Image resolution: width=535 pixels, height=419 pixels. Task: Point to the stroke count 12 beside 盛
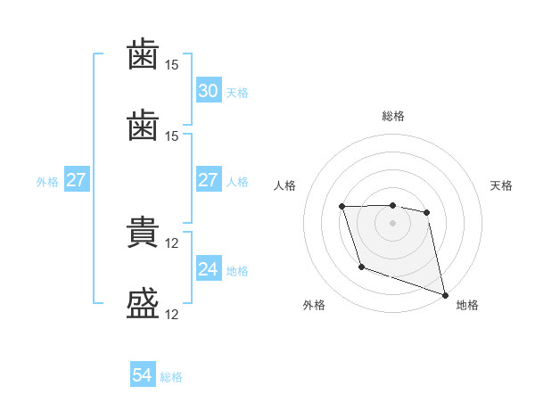coord(173,314)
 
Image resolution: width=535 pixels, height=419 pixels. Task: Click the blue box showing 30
coord(208,91)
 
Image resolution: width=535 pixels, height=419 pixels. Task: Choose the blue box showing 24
coord(208,269)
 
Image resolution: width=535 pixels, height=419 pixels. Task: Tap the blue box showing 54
coord(143,376)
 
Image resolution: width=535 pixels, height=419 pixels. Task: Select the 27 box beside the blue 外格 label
coord(77,180)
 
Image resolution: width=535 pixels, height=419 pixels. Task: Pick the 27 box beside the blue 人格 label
coord(208,180)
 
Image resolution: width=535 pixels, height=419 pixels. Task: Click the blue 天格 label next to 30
coord(237,93)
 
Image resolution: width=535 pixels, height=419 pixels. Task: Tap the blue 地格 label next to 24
coord(237,271)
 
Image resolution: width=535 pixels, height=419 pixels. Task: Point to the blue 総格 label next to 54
coord(171,378)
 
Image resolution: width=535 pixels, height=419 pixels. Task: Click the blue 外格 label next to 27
coord(47,182)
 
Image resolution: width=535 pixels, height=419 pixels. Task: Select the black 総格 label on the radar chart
coord(393,116)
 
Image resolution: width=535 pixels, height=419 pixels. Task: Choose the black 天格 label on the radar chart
coord(502,185)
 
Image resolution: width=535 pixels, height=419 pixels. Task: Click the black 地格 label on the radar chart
coord(467,305)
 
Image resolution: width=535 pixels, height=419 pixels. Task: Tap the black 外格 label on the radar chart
coord(314,305)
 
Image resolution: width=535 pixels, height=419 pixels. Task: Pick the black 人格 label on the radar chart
coord(284,185)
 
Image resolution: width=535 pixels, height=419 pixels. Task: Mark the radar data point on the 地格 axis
coord(445,294)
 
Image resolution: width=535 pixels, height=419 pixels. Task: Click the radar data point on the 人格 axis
coord(342,207)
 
